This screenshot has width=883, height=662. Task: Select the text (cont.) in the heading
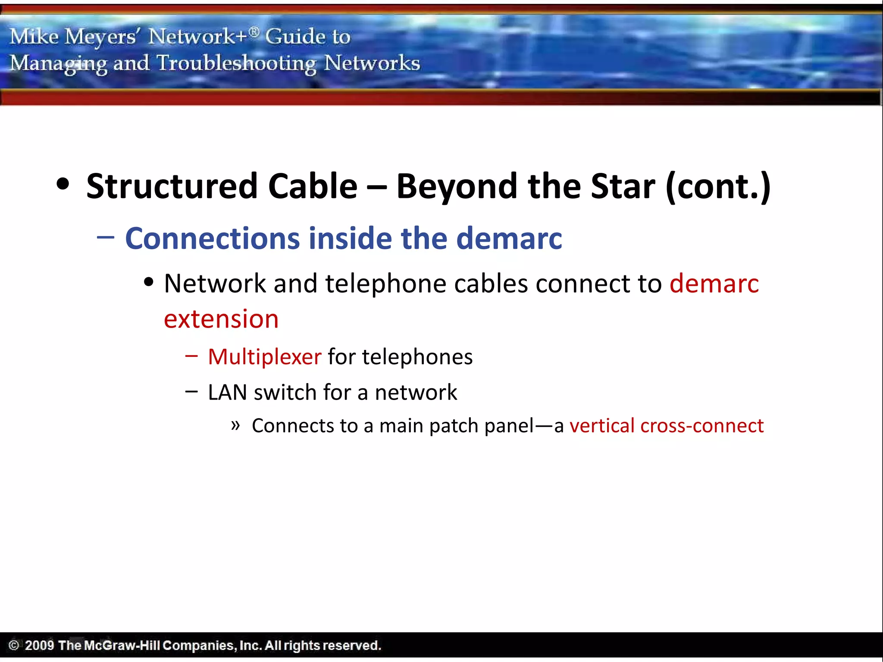pos(718,187)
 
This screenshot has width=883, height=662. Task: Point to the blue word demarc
pos(509,238)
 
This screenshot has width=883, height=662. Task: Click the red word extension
pos(221,319)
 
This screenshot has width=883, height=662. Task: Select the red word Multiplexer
pos(264,357)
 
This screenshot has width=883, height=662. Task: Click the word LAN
pos(227,392)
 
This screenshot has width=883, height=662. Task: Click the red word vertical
pos(602,426)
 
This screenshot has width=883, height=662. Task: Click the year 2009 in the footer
pos(39,645)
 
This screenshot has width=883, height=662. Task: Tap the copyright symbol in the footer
pos(14,645)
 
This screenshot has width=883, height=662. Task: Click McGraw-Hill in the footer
pos(122,645)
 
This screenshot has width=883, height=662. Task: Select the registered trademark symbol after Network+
pos(254,31)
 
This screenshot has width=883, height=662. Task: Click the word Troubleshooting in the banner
pos(236,63)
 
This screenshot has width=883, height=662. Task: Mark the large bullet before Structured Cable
pos(63,184)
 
